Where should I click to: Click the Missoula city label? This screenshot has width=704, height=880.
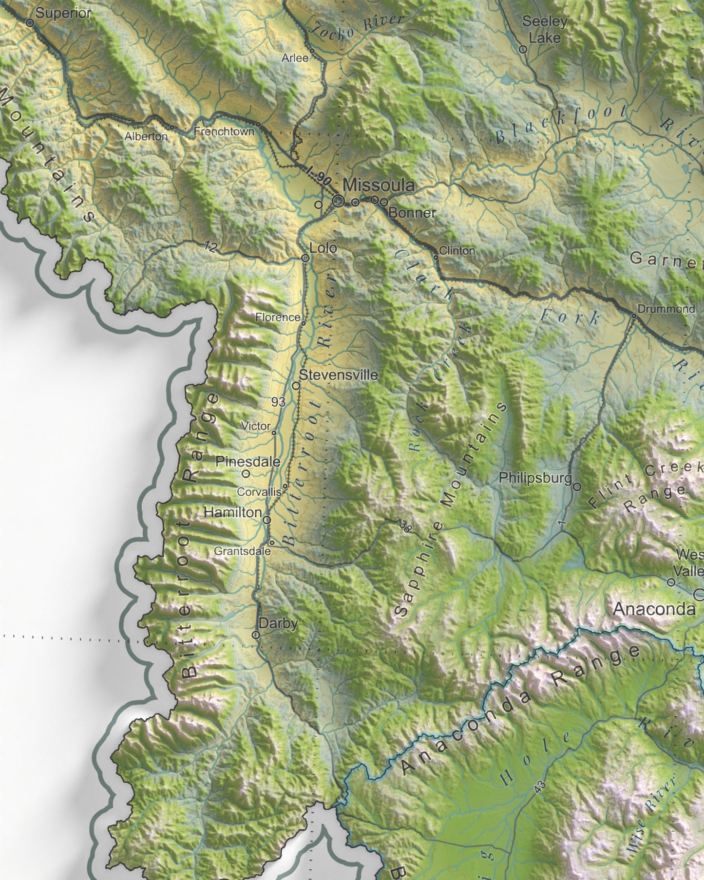tap(379, 185)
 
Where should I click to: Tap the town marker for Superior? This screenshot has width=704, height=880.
tap(29, 22)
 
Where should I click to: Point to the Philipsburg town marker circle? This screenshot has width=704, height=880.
tap(577, 486)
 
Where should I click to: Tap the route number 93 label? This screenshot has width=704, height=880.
tap(279, 402)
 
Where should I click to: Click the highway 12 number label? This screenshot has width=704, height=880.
tap(210, 247)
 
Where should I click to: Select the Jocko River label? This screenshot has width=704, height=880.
tap(358, 27)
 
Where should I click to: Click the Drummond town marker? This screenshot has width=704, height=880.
tap(634, 316)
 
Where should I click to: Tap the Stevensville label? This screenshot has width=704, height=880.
tap(338, 375)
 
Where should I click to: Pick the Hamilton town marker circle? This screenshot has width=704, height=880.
tap(267, 520)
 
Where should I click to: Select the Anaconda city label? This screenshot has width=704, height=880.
tap(654, 609)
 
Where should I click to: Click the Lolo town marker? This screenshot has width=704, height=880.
tap(305, 258)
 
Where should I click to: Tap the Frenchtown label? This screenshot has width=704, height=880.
tap(224, 131)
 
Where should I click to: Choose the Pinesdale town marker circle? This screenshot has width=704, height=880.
tap(246, 472)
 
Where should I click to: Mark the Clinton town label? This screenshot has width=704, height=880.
tap(457, 250)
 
